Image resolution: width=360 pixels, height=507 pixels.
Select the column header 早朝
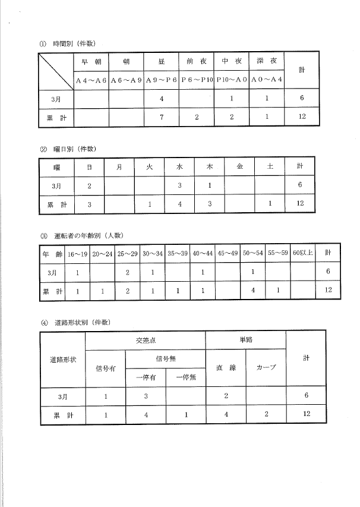[x=91, y=61]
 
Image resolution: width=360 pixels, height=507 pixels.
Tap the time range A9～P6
[x=161, y=79]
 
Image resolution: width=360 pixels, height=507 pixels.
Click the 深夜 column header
[x=267, y=61]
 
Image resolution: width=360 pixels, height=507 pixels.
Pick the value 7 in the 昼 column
[x=162, y=116]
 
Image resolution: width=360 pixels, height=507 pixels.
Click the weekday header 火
[x=150, y=167]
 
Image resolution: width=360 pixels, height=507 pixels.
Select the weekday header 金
[x=239, y=167]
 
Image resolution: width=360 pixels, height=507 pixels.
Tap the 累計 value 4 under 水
[x=179, y=204]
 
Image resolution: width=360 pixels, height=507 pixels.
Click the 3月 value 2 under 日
[x=89, y=186]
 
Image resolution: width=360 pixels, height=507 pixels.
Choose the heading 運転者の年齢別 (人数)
[x=83, y=236]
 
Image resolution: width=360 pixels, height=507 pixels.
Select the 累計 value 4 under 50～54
[x=253, y=291]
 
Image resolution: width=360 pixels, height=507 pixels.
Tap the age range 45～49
[x=228, y=253]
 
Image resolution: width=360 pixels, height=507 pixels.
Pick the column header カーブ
[x=266, y=367]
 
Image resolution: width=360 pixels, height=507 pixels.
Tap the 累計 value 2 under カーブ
[x=266, y=414]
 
